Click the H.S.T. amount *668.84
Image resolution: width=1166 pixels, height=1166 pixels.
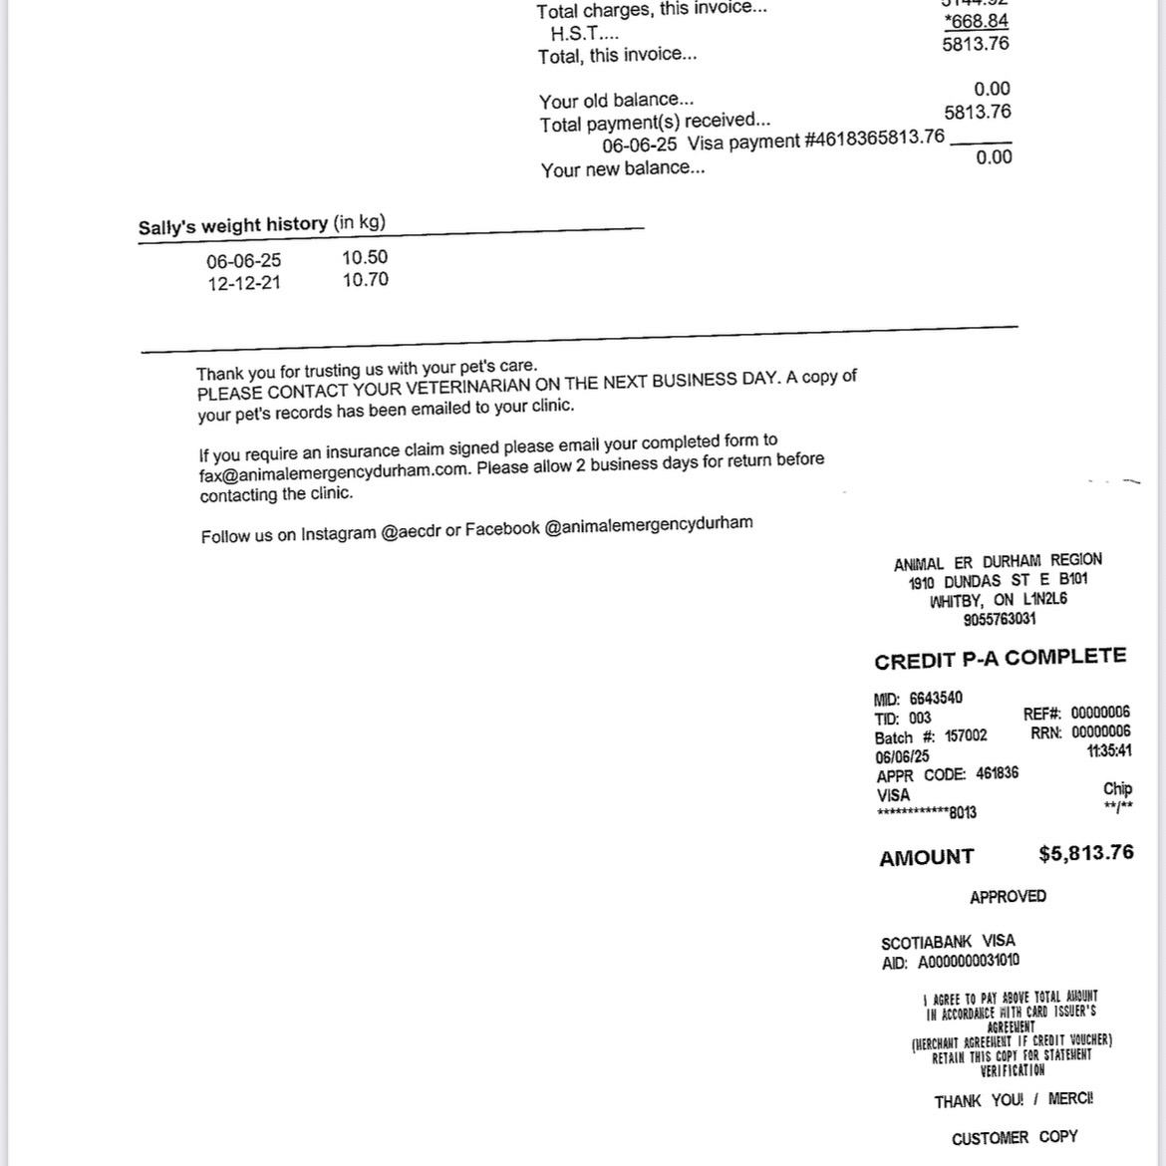click(x=976, y=21)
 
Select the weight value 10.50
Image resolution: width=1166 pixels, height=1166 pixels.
click(x=365, y=257)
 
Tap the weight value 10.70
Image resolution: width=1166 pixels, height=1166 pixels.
click(x=365, y=280)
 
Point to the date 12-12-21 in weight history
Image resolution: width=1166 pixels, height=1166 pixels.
click(x=244, y=283)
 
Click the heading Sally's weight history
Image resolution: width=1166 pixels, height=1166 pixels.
click(x=233, y=225)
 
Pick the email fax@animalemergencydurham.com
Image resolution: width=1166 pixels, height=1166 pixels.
click(x=334, y=472)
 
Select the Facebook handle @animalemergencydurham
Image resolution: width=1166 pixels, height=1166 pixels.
click(x=649, y=524)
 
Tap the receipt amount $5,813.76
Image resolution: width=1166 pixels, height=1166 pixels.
click(x=1085, y=853)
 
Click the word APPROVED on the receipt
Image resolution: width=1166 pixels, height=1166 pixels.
click(x=1008, y=897)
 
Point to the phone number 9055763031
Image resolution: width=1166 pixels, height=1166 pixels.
click(x=1000, y=619)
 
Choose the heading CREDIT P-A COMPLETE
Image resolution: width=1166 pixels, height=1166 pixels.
click(x=1000, y=659)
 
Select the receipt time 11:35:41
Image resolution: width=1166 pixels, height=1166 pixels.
click(x=1109, y=751)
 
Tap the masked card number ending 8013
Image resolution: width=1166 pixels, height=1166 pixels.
click(x=927, y=813)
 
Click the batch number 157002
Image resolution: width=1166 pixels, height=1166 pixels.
click(x=966, y=735)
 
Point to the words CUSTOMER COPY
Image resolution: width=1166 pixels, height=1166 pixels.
click(x=1015, y=1137)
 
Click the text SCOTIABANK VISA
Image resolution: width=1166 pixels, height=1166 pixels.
click(x=948, y=942)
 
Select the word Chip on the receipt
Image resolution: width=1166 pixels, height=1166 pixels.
click(x=1117, y=788)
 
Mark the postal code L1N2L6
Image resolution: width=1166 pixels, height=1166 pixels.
click(x=1044, y=599)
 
